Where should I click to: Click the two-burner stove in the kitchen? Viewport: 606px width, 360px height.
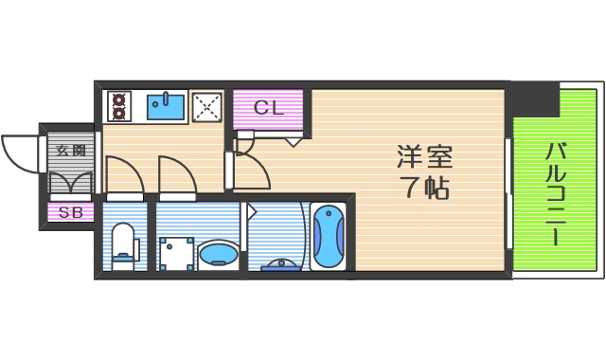[x=120, y=106]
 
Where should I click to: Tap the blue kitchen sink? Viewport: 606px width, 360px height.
[x=168, y=106]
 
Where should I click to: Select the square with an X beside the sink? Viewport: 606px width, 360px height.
[x=207, y=107]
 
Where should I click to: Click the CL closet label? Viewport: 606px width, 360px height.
[x=268, y=107]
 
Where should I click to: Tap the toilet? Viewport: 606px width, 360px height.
[x=124, y=243]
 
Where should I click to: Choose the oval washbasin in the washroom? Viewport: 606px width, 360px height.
[x=218, y=254]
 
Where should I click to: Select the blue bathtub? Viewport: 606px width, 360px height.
[x=328, y=237]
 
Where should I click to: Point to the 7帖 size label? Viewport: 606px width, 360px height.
[x=422, y=187]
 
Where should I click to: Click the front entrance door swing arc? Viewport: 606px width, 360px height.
[x=21, y=152]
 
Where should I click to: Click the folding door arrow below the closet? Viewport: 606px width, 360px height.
[x=293, y=141]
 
